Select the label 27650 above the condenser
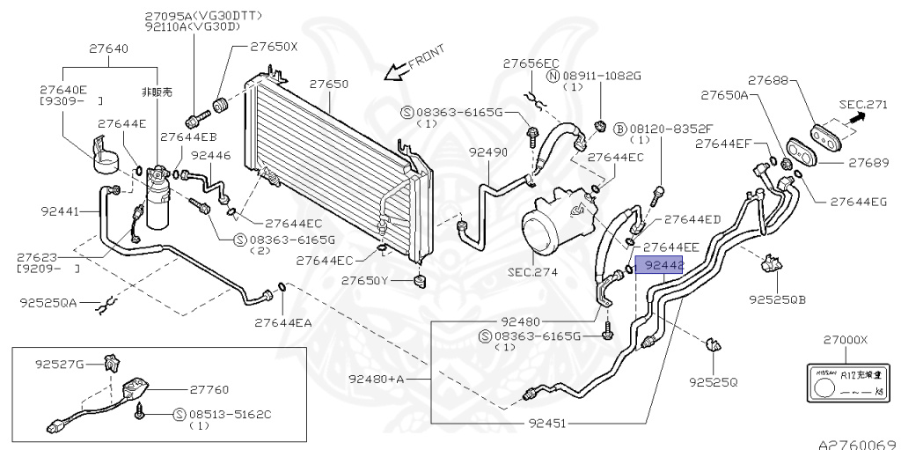pyautogui.click(x=328, y=85)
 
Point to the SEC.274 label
pyautogui.click(x=533, y=272)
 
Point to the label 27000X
pyautogui.click(x=846, y=340)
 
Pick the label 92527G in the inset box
pyautogui.click(x=59, y=363)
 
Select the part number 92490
pyautogui.click(x=487, y=152)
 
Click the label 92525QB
pyautogui.click(x=778, y=299)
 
